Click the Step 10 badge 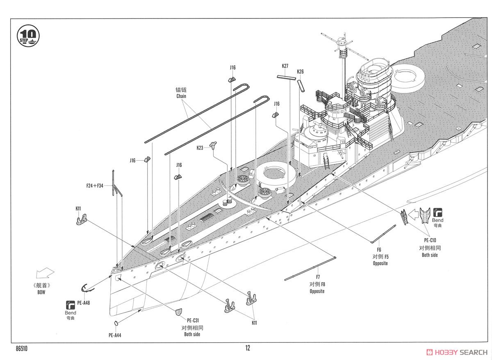point(28,36)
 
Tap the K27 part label point(285,66)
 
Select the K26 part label point(300,72)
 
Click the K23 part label point(200,148)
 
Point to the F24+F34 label point(95,186)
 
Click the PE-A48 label point(84,303)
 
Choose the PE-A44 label point(115,335)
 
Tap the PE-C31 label point(193,321)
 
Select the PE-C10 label point(430,240)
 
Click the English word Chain point(181,96)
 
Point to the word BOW point(41,292)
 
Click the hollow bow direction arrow point(45,273)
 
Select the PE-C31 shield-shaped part point(179,312)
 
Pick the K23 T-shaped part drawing point(213,145)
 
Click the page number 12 point(248,348)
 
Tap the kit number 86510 point(21,349)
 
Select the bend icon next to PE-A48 point(70,305)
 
